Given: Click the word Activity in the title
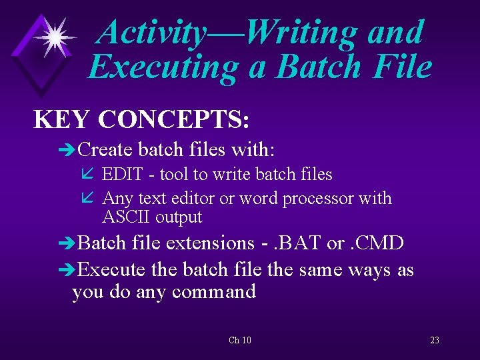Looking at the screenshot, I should click(151, 32).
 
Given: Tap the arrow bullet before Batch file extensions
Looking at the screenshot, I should click(68, 243).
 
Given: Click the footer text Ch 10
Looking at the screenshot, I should click(240, 341).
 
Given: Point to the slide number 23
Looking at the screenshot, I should click(435, 341).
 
